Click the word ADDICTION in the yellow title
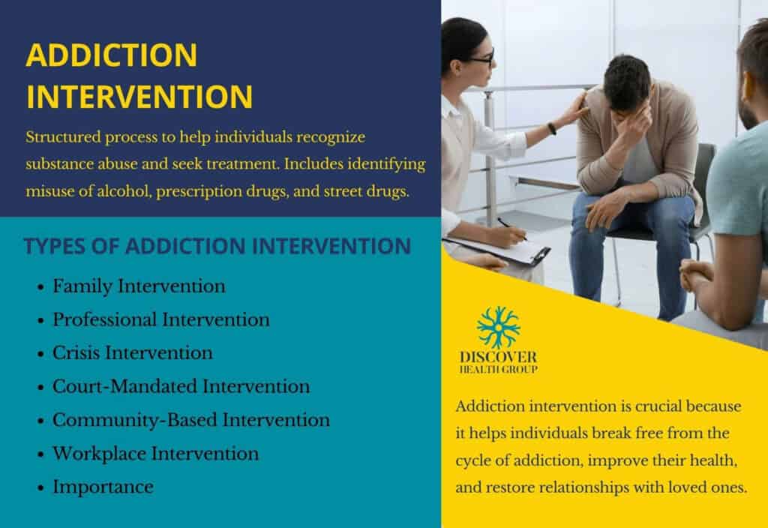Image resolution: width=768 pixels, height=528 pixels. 112,56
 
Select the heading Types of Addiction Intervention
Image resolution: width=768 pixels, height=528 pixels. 217,246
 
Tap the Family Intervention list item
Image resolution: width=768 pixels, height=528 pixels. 139,286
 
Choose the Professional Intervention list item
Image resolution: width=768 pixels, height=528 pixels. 160,319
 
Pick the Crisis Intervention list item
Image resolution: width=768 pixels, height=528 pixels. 132,352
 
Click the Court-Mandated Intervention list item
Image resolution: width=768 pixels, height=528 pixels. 181,386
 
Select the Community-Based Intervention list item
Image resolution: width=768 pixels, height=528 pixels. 190,420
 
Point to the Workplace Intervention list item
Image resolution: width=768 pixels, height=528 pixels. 155,454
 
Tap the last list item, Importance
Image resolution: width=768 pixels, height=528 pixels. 103,487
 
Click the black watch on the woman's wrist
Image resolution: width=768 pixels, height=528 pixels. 552,128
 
